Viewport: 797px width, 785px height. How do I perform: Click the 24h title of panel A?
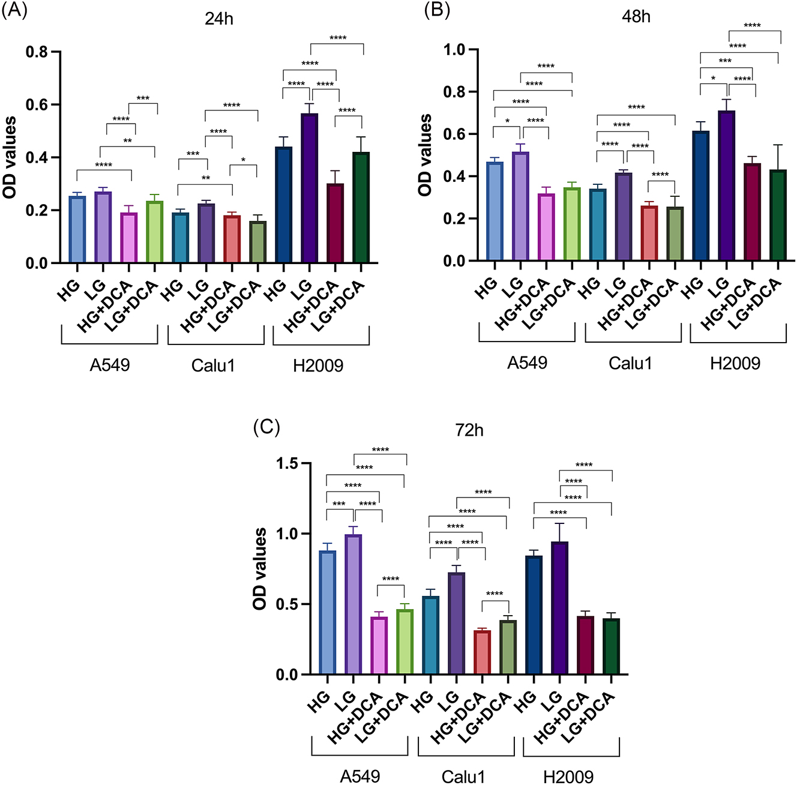click(219, 19)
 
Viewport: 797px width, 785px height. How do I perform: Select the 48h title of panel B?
click(636, 17)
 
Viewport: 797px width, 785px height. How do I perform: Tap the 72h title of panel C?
click(469, 430)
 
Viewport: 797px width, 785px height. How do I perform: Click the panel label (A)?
click(14, 11)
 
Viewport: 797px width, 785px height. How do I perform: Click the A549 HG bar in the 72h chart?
click(328, 612)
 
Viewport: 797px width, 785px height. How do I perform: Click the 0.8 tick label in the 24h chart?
click(37, 52)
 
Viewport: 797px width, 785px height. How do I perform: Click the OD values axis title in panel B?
click(426, 155)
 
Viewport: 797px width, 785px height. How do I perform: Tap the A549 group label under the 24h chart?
click(110, 365)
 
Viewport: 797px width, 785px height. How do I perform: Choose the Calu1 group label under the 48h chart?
click(630, 363)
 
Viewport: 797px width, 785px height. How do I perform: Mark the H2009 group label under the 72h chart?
click(568, 777)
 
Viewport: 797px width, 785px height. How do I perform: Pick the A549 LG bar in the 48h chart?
click(520, 206)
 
